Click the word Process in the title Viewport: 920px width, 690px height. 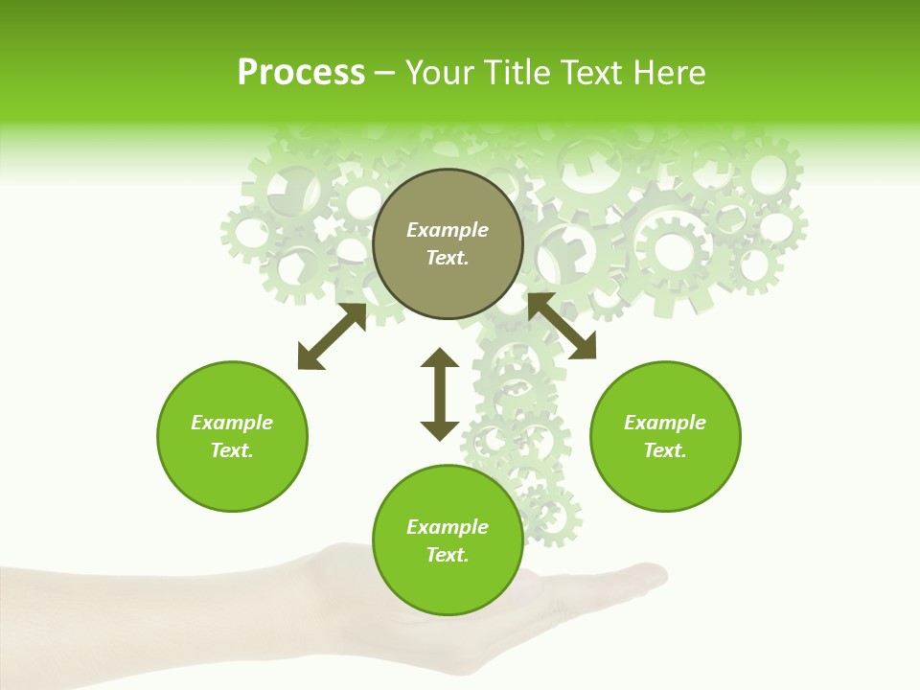tap(301, 73)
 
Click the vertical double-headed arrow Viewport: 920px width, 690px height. tap(440, 395)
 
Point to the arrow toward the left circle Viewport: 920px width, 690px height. tap(332, 336)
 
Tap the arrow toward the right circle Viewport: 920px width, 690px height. tap(562, 326)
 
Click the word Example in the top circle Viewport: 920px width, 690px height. tap(448, 230)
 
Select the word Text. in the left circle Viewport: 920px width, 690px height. tap(232, 450)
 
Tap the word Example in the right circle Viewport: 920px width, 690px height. tap(665, 423)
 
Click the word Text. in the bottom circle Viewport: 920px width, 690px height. tap(448, 555)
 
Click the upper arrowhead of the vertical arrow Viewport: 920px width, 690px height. tap(440, 358)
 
